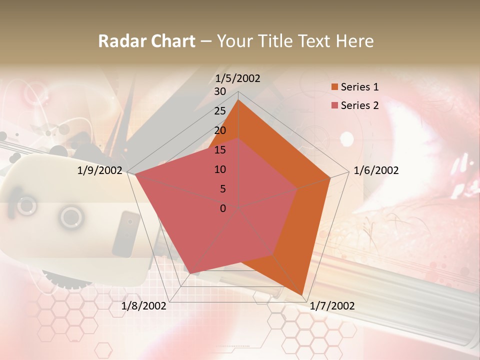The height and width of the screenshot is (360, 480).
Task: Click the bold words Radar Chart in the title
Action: coord(146,41)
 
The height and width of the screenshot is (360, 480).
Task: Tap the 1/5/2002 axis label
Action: coord(238,78)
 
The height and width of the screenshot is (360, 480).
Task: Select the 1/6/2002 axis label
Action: coord(376,170)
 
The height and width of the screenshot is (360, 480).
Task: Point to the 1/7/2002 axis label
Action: coord(332,306)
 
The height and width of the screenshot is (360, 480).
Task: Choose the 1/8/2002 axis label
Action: coord(144,306)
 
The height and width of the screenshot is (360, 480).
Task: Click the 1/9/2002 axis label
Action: coord(100,170)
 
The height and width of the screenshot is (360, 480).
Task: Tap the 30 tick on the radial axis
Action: coord(220,91)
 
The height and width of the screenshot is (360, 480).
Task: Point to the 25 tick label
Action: coord(220,111)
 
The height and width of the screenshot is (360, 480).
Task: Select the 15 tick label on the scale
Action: coord(220,150)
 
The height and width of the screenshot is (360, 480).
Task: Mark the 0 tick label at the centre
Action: coord(223,208)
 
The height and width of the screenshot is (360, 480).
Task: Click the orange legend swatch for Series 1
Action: coord(334,87)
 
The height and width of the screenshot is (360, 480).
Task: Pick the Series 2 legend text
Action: coord(359,105)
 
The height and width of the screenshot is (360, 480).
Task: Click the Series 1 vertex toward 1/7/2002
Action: coord(302,295)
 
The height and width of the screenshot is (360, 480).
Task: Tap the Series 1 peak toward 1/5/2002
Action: coord(238,100)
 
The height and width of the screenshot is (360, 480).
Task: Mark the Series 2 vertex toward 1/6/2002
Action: coord(297,188)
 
